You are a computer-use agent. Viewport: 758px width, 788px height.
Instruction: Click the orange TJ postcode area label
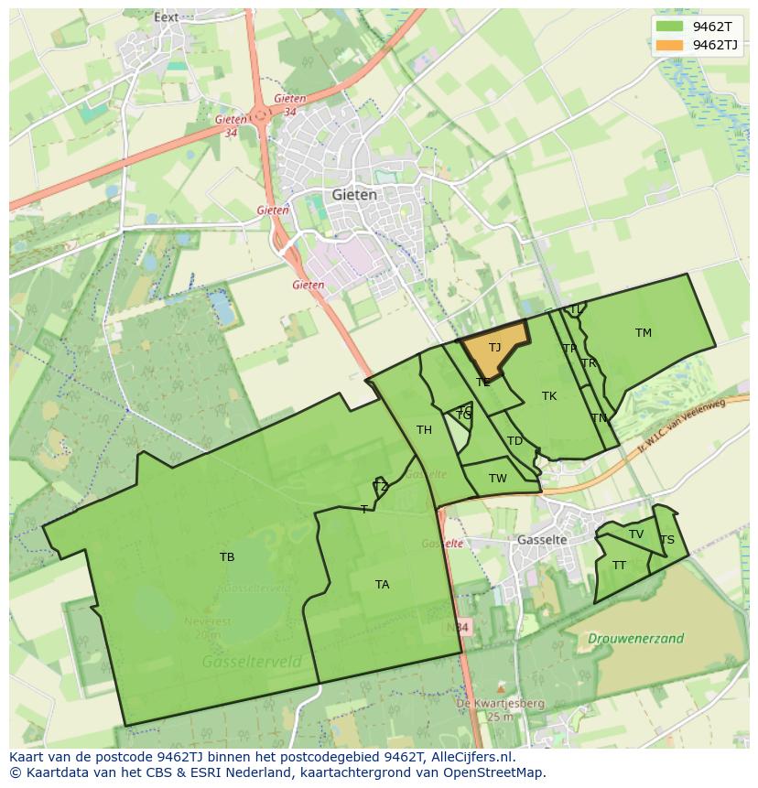494,348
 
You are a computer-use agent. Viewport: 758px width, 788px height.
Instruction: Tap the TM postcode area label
644,333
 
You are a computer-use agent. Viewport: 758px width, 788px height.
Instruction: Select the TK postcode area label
549,396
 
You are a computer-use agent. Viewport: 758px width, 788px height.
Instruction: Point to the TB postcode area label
227,556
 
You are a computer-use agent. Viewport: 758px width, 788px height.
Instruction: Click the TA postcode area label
382,584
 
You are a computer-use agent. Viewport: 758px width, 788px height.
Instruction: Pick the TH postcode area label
424,430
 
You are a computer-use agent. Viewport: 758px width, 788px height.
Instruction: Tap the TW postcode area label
497,479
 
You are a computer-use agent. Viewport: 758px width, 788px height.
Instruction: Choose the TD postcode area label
514,441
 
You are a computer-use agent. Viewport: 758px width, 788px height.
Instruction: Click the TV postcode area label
636,534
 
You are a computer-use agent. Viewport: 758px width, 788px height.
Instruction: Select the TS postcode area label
667,540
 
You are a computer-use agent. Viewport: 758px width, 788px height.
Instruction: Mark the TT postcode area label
620,566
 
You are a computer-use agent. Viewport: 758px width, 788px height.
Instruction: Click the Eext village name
167,16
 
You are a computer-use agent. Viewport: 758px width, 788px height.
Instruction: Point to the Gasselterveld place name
241,661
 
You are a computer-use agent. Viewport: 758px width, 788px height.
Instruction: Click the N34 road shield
459,627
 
